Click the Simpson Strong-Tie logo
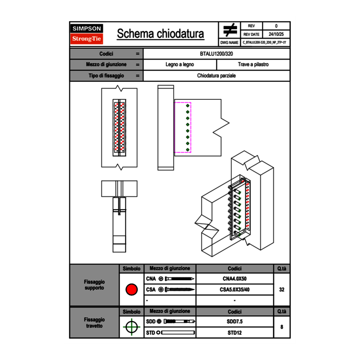pos(87,34)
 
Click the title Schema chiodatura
pos(160,34)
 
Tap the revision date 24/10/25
pos(276,34)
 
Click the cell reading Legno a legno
pos(180,65)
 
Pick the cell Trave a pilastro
pos(253,65)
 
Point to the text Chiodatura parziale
pos(216,76)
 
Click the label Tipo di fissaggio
pos(106,76)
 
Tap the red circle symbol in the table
pos(131,290)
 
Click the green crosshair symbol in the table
pos(131,327)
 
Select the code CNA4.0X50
pos(234,279)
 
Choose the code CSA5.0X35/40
pos(234,290)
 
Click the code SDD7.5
pos(234,322)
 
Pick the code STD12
pos(234,333)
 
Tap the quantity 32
pos(281,290)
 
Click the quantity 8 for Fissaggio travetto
pos(281,327)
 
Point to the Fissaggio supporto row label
pos(94,285)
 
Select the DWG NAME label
pos(229,43)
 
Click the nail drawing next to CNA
pos(180,279)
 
